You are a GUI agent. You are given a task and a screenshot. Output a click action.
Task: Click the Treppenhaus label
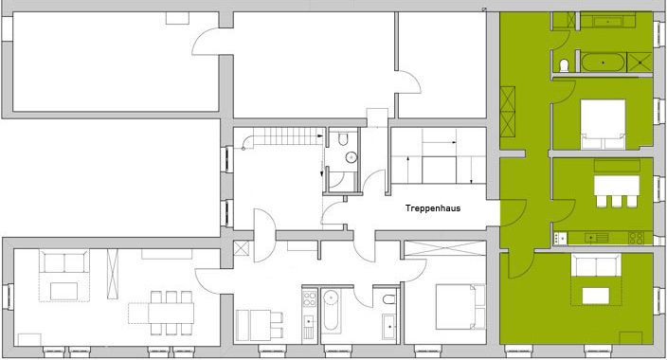coord(433,208)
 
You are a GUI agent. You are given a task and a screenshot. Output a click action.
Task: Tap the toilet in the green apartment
coord(564,65)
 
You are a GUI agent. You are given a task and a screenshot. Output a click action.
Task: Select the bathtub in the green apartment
coord(603,63)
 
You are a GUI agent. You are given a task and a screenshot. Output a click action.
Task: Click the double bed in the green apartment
coord(603,124)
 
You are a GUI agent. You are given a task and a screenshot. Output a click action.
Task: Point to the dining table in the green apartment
coord(617,186)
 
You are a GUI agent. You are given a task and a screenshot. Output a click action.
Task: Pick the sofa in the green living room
coord(596,264)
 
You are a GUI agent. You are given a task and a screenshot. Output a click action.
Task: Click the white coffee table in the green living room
coord(596,296)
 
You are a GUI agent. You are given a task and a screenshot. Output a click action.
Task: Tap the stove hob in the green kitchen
coord(636,239)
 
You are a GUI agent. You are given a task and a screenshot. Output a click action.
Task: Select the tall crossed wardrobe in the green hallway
coord(508,112)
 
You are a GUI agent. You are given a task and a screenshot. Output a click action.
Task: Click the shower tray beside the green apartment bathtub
coord(640,63)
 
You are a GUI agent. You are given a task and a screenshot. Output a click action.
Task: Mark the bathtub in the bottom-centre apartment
coord(331,311)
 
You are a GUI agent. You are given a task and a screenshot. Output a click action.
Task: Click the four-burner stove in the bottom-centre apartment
coord(309,297)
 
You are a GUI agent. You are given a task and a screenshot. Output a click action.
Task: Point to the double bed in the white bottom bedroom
coord(460,306)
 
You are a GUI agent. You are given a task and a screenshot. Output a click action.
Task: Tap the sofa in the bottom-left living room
coord(64,261)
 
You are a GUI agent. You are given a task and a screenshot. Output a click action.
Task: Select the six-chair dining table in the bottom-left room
coord(171,313)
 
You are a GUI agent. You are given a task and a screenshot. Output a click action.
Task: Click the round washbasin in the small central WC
coord(351,157)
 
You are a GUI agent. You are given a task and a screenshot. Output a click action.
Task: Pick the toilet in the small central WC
coord(343,138)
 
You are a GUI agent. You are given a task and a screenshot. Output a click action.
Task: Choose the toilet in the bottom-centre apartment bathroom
coord(388,299)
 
